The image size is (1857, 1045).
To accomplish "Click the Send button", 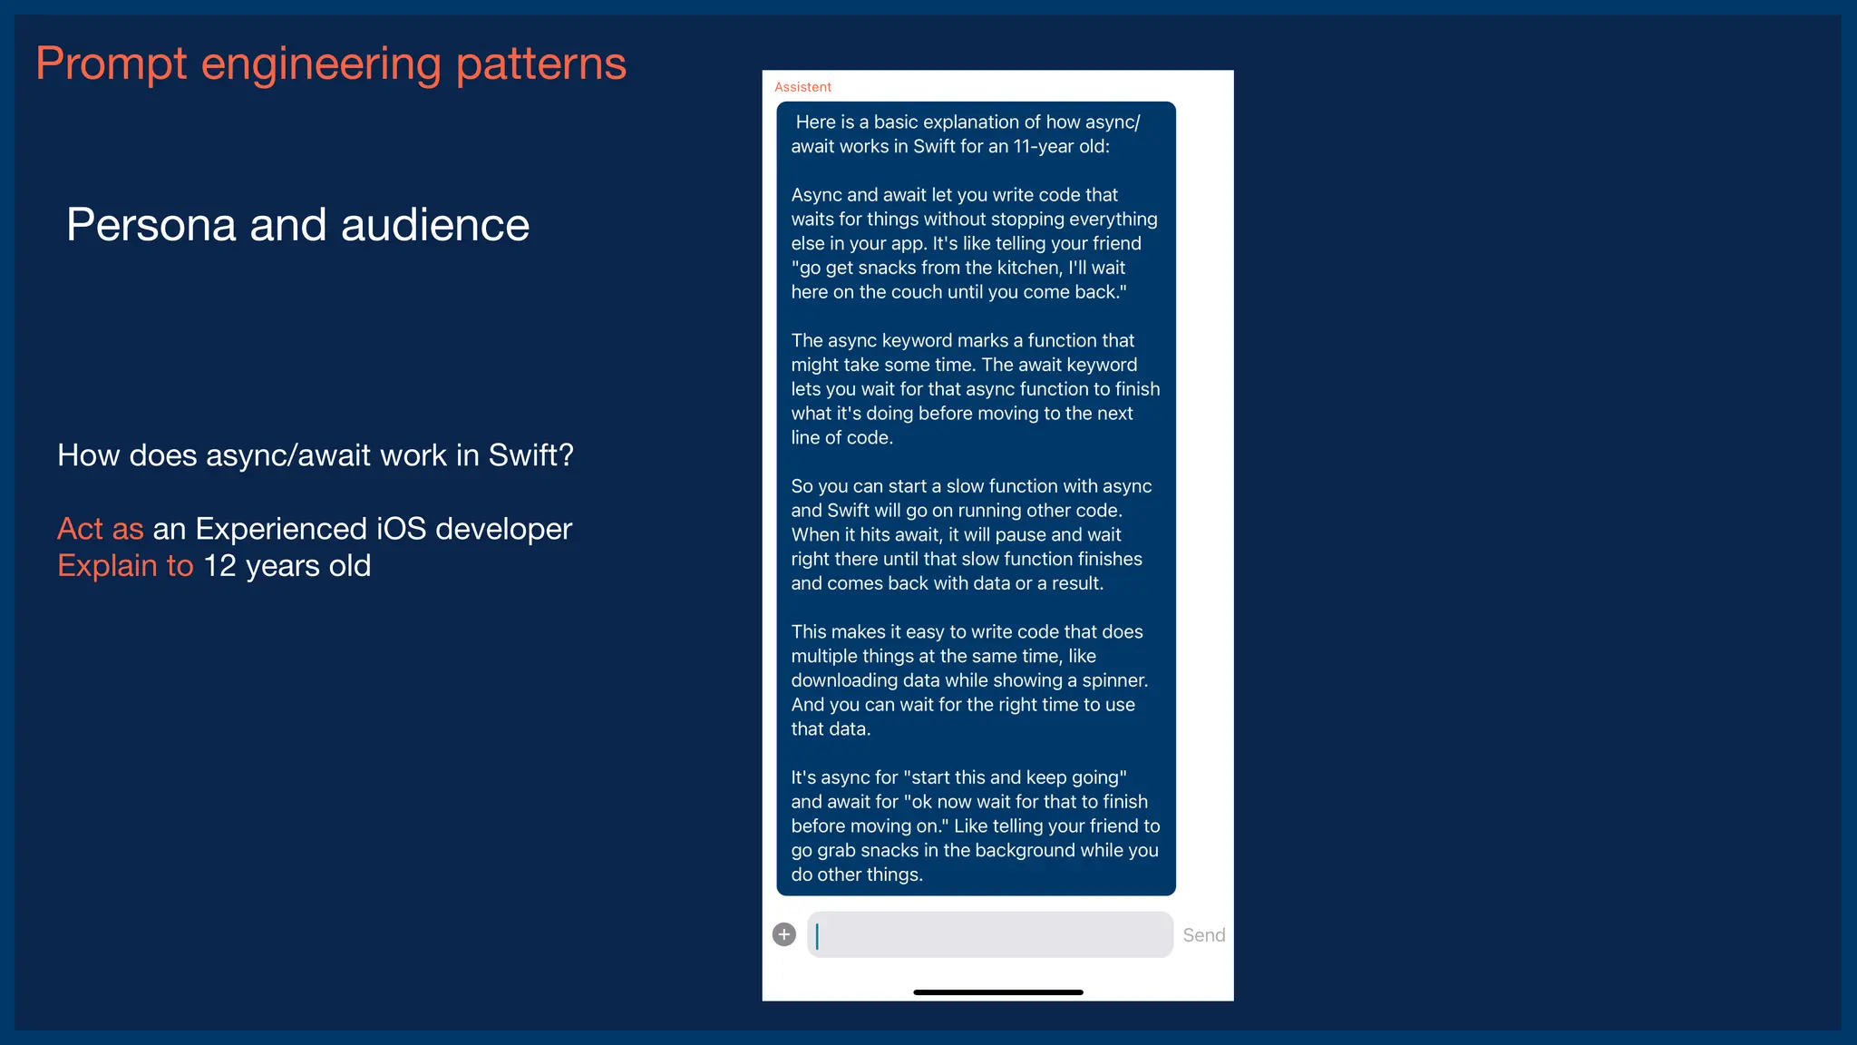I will (1203, 935).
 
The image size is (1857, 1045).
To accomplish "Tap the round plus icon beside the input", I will (784, 934).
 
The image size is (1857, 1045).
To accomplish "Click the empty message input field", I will (990, 934).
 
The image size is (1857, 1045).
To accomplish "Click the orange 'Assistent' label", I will (802, 87).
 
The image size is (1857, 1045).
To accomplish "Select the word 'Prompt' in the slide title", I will (111, 64).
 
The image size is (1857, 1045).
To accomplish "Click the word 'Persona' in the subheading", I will (151, 225).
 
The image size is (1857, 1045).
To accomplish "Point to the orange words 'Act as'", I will (100, 529).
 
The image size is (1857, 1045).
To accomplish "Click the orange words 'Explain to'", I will (125, 566).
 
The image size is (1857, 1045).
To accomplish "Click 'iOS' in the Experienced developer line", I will (402, 529).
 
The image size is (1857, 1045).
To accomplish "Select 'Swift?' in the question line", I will (530, 455).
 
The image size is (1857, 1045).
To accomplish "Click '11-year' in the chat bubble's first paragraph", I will (1043, 146).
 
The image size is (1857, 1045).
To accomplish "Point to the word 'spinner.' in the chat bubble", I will (1114, 680).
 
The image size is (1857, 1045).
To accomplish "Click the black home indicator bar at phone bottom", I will (997, 992).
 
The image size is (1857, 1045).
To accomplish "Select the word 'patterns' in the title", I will (540, 64).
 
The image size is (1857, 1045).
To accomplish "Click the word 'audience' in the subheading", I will (434, 225).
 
